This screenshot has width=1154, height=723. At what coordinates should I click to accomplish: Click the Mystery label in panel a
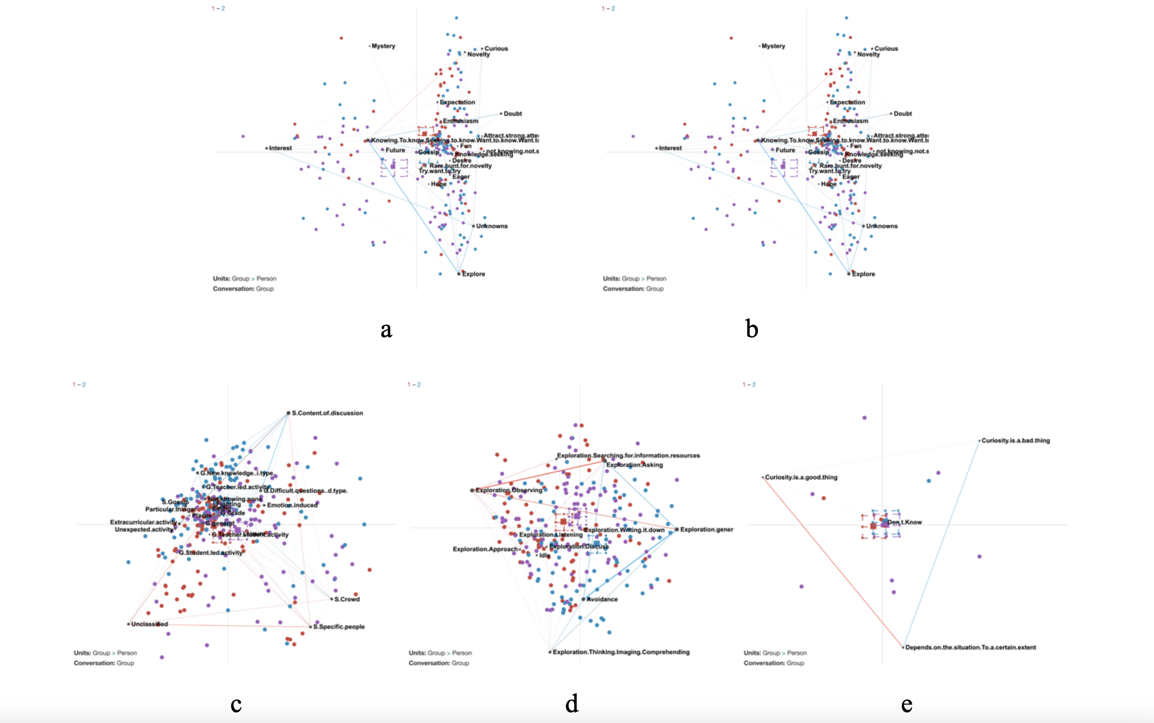(x=383, y=46)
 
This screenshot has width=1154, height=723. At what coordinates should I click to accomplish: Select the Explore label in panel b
(x=863, y=274)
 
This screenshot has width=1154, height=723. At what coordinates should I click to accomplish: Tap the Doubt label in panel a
(x=513, y=114)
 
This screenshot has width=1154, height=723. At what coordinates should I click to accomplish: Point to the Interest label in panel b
(x=670, y=148)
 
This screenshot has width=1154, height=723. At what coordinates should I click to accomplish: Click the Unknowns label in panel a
(x=492, y=226)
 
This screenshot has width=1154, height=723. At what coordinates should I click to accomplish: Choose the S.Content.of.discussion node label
(x=327, y=413)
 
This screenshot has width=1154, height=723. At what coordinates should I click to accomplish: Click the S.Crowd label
(x=347, y=599)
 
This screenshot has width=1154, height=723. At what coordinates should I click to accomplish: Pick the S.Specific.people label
(x=339, y=627)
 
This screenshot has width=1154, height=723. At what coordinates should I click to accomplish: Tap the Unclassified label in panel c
(x=150, y=624)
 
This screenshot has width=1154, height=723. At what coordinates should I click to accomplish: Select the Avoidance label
(x=602, y=599)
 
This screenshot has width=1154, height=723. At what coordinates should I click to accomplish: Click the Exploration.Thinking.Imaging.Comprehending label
(x=621, y=652)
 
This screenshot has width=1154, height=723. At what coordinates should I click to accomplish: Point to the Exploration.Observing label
(x=509, y=490)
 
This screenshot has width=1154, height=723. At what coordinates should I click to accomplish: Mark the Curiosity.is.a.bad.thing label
(x=1015, y=441)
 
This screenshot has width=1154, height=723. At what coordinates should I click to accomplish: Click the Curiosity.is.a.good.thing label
(x=801, y=477)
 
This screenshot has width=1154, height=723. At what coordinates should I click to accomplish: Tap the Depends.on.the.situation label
(x=970, y=647)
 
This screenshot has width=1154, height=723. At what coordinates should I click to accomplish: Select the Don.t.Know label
(x=904, y=522)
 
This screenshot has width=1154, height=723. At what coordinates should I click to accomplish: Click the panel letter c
(x=236, y=704)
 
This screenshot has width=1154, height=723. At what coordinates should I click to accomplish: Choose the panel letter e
(x=906, y=704)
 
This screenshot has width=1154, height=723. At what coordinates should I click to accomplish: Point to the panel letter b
(x=752, y=329)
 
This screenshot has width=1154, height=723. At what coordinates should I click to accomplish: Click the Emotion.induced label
(x=292, y=505)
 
